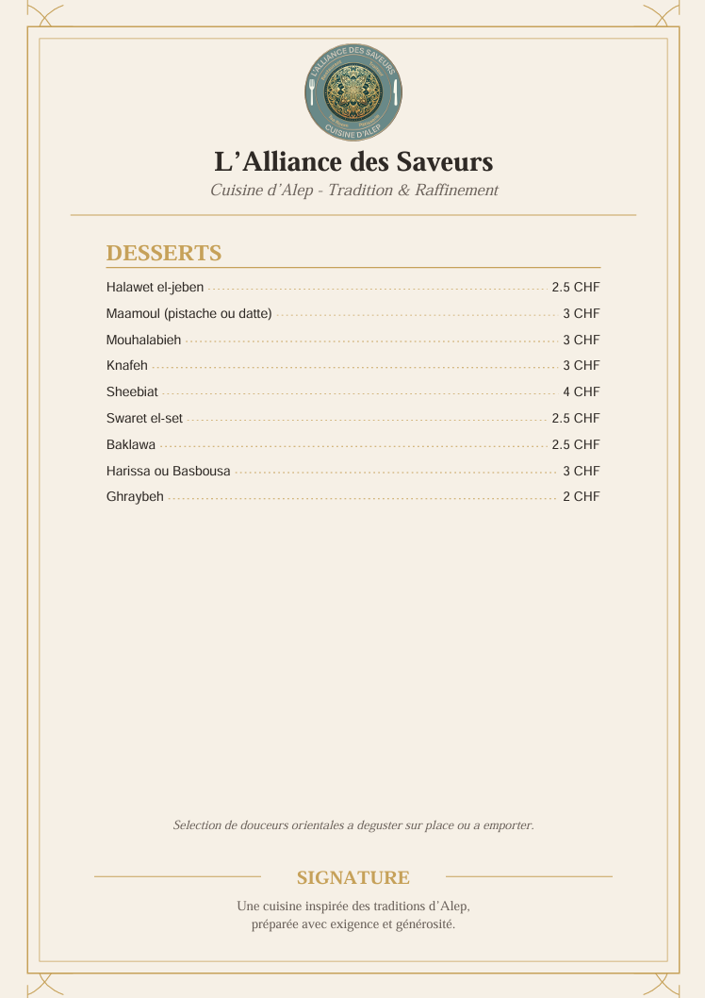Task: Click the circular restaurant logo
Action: tap(353, 91)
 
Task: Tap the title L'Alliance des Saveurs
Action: tap(353, 162)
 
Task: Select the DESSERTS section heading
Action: tap(164, 253)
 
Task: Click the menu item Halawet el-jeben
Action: tap(155, 287)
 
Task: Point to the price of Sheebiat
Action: tap(581, 391)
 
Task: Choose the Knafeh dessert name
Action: tap(127, 365)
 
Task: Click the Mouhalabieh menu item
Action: tap(143, 340)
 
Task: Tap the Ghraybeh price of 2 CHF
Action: tap(581, 496)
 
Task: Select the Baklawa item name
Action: tap(131, 444)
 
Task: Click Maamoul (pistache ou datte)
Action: tap(189, 313)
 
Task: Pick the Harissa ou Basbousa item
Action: tap(168, 471)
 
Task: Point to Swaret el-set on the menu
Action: tap(144, 418)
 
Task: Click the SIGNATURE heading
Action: tap(353, 878)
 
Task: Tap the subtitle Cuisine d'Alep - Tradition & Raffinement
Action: tap(353, 191)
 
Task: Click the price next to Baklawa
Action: tap(575, 444)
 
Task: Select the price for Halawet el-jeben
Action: tap(575, 287)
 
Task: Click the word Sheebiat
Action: tap(132, 391)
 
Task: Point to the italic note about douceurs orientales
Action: tap(353, 825)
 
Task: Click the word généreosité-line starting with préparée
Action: tap(353, 924)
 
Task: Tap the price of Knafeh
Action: tap(581, 365)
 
